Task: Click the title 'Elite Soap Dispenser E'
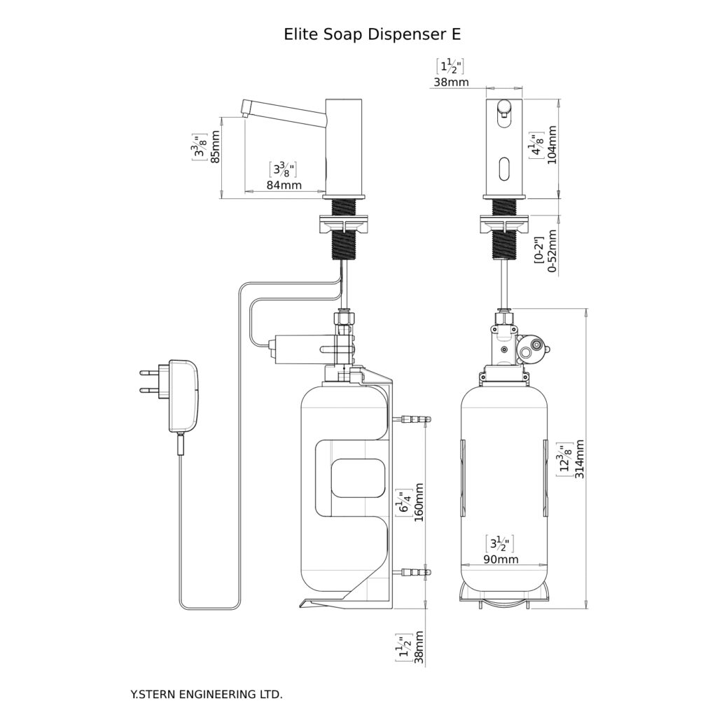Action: (372, 34)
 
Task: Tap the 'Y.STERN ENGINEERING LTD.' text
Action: (207, 695)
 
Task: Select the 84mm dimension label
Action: (285, 185)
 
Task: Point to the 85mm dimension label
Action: (215, 147)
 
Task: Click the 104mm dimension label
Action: (552, 144)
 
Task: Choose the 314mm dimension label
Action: (580, 459)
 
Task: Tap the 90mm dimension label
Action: (500, 559)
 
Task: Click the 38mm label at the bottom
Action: (419, 647)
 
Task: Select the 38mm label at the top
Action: (450, 82)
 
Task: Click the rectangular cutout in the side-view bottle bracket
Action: (357, 478)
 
